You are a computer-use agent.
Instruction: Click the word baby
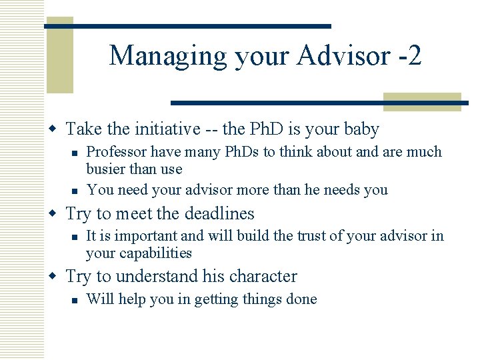click(x=361, y=129)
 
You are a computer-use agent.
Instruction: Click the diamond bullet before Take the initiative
click(x=58, y=129)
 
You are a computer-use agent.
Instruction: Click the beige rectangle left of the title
click(x=59, y=55)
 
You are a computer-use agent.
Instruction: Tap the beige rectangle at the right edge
click(x=422, y=102)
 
